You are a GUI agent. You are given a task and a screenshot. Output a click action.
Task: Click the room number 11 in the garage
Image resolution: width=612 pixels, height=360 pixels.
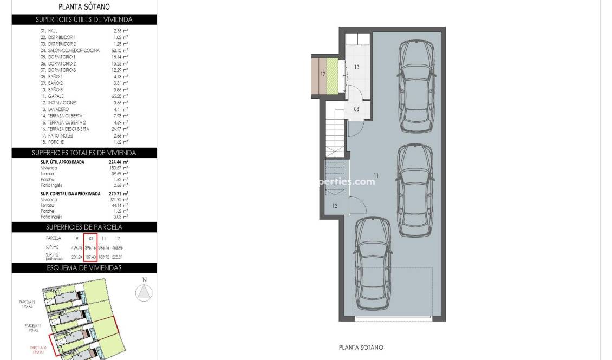point(376,175)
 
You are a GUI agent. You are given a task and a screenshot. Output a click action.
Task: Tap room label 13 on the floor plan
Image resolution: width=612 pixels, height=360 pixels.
point(357,67)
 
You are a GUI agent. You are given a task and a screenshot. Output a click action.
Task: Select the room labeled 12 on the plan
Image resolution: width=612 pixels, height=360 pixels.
point(335,206)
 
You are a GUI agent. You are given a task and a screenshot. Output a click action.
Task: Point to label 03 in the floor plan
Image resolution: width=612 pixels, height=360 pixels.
point(356,109)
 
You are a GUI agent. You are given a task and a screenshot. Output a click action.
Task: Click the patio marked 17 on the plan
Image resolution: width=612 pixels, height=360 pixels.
point(323,74)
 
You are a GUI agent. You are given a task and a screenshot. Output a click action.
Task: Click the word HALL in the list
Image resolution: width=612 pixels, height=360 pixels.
point(52,31)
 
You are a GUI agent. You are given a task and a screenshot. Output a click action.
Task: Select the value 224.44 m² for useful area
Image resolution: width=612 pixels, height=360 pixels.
point(117,162)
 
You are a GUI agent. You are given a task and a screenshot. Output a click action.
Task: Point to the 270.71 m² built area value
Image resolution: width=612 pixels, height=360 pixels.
point(117,193)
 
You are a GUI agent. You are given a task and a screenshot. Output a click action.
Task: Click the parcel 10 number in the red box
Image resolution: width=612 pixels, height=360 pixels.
point(90,238)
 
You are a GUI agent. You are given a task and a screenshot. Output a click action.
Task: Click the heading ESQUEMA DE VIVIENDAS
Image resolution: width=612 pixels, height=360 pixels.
point(84,268)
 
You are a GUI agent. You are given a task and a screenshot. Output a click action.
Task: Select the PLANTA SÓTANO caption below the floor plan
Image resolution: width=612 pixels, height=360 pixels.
point(360,348)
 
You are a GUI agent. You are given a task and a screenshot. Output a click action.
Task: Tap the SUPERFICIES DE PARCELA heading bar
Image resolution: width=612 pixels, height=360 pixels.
point(84,227)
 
